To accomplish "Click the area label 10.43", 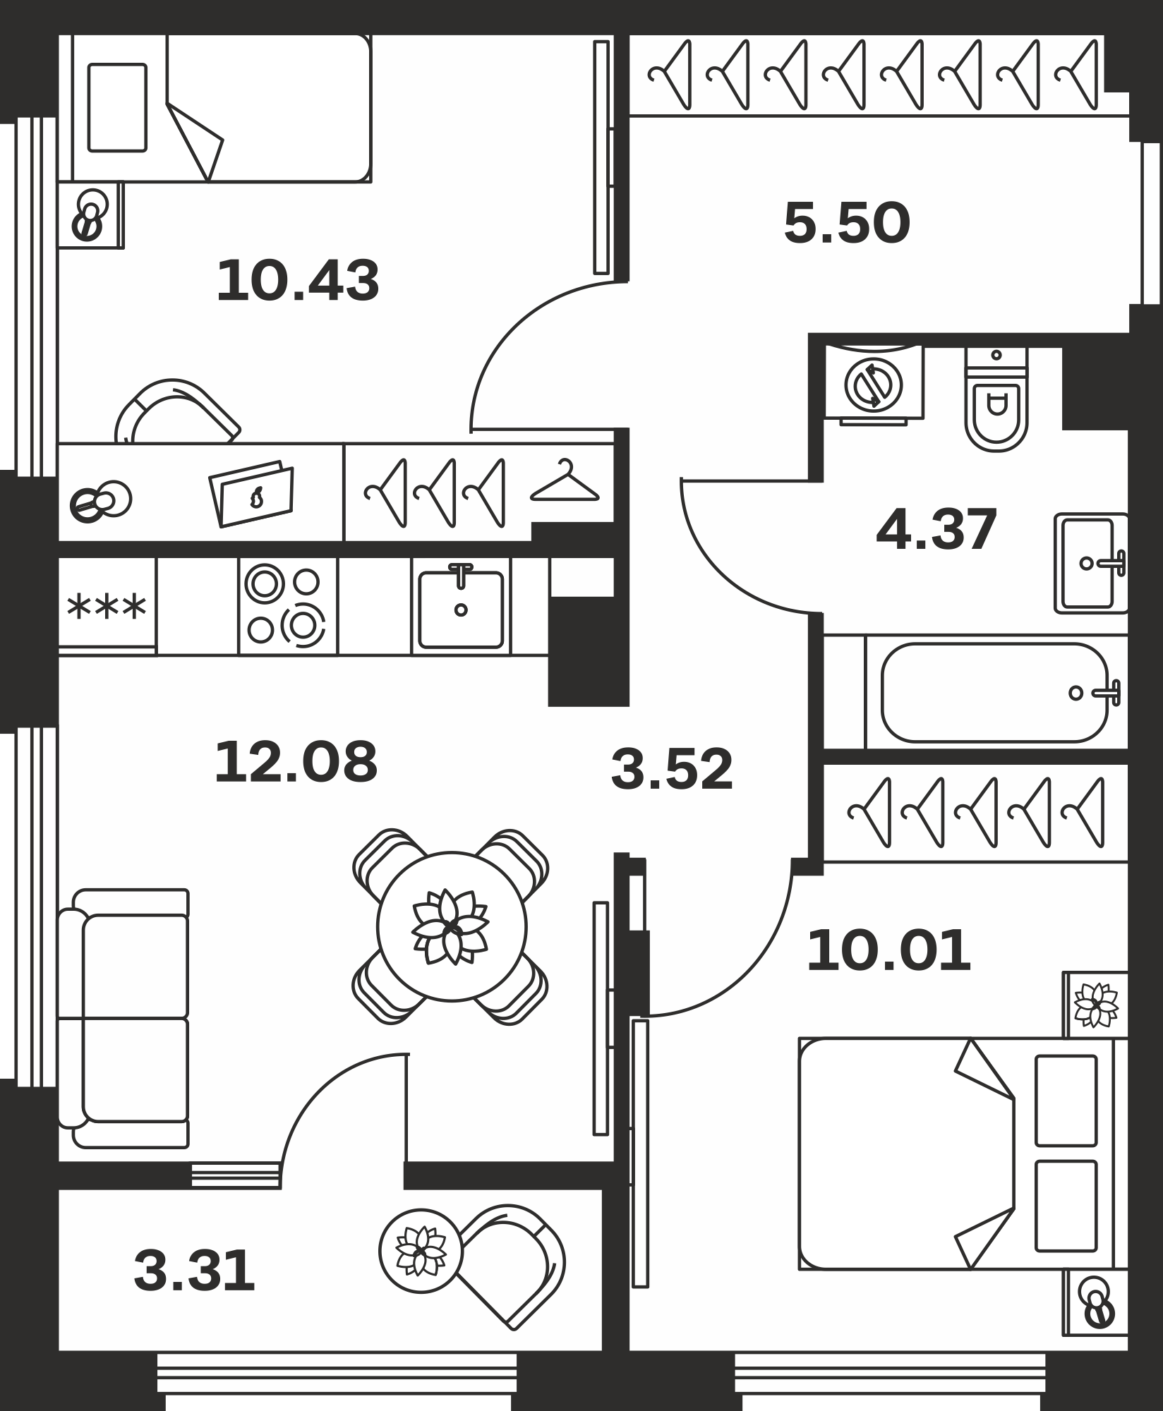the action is pyautogui.click(x=298, y=281).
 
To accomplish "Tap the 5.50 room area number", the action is pyautogui.click(x=847, y=223).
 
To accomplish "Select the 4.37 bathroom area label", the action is pyautogui.click(x=936, y=529).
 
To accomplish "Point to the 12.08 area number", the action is pyautogui.click(x=296, y=762).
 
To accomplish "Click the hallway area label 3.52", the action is pyautogui.click(x=672, y=769).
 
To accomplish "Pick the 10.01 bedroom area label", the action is pyautogui.click(x=888, y=951).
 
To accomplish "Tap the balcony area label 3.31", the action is pyautogui.click(x=194, y=1271).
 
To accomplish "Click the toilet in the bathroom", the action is pyautogui.click(x=996, y=399).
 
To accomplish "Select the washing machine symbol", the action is pyautogui.click(x=874, y=385).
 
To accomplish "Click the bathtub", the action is pyautogui.click(x=995, y=692).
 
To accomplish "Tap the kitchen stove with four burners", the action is pyautogui.click(x=288, y=606).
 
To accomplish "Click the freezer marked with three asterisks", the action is pyautogui.click(x=107, y=606).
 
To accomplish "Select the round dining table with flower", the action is pyautogui.click(x=452, y=926).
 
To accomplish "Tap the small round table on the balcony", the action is pyautogui.click(x=421, y=1251).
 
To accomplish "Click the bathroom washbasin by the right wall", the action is pyautogui.click(x=1091, y=563).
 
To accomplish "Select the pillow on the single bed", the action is pyautogui.click(x=117, y=107).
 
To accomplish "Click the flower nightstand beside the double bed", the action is pyautogui.click(x=1095, y=1005).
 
